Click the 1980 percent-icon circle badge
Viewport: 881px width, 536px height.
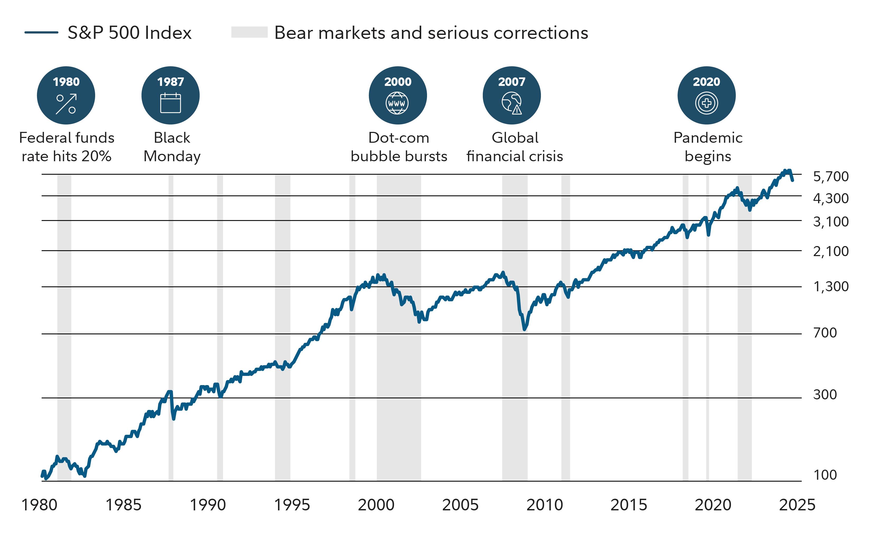tap(66, 95)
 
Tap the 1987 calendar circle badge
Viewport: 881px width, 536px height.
tap(170, 95)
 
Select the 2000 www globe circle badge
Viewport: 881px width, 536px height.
tap(398, 95)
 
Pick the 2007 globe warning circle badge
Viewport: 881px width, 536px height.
tap(512, 95)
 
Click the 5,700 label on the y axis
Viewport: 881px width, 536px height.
tap(830, 177)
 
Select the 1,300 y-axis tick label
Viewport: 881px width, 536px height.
tap(830, 287)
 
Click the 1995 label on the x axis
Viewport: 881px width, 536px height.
tap(292, 505)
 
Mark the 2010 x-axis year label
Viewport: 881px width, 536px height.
tap(545, 505)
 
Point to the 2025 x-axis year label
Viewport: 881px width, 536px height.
tap(797, 505)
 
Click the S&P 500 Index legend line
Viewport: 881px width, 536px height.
tap(41, 33)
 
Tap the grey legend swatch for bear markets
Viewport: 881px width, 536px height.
tap(249, 32)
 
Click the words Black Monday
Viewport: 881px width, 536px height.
tap(172, 147)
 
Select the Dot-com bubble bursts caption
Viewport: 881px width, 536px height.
tap(399, 147)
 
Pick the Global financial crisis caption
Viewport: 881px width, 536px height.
tap(514, 147)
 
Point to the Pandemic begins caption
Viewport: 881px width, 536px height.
tap(708, 147)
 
